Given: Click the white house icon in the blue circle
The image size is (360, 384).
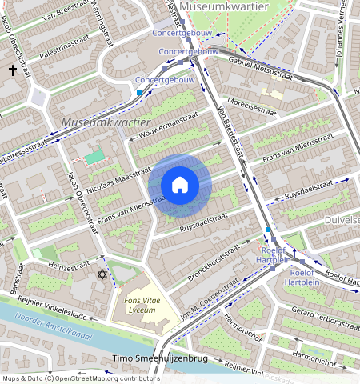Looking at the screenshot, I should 180,185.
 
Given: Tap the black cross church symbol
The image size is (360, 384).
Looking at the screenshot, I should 13,70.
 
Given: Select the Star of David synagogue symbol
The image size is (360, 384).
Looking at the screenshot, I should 102,274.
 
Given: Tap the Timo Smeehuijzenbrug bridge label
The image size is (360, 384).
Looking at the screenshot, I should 161,358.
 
